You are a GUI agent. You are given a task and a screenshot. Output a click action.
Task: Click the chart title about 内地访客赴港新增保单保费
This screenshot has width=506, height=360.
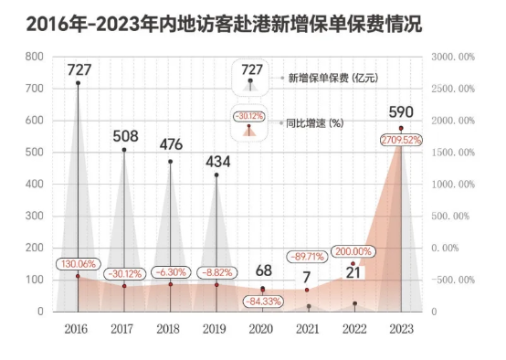coord(225,26)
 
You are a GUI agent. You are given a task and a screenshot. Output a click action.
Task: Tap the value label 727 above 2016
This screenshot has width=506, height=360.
coord(79,69)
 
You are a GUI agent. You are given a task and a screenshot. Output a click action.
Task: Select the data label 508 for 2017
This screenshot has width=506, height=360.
coord(125,136)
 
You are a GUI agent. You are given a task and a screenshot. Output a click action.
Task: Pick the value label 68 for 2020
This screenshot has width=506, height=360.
coord(263,270)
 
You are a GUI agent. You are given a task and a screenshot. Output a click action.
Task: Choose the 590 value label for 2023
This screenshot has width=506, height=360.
coord(401,113)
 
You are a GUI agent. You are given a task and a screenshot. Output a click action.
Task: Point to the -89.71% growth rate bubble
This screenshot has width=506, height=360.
coord(309,257)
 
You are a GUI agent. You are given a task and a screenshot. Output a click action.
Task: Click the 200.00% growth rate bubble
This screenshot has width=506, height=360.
coord(354,251)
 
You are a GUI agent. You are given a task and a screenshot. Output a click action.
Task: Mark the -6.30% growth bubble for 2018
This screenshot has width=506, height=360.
coord(171,272)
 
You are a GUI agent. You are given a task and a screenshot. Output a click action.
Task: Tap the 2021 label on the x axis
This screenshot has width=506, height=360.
coord(309,328)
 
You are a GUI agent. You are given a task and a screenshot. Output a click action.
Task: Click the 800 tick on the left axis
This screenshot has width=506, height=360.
coord(35,57)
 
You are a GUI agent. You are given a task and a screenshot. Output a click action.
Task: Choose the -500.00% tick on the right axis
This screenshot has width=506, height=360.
coord(450,280)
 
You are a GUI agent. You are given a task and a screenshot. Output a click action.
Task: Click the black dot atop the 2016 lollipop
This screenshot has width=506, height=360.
coord(79,83)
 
